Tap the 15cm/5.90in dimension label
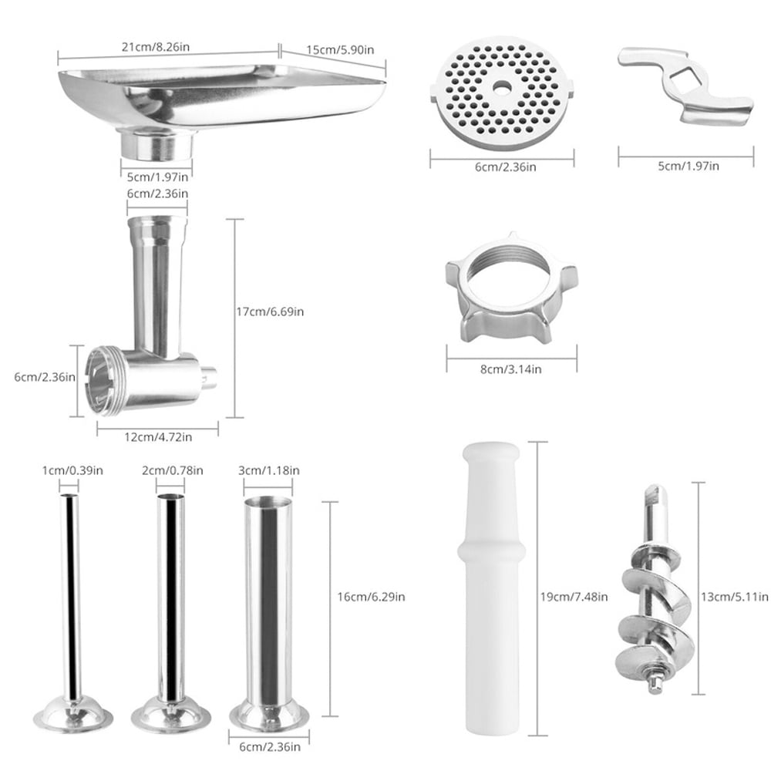[340, 50]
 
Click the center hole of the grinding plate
[502, 87]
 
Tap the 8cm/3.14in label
[511, 369]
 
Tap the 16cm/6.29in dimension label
[372, 596]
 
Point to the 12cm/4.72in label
[158, 437]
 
